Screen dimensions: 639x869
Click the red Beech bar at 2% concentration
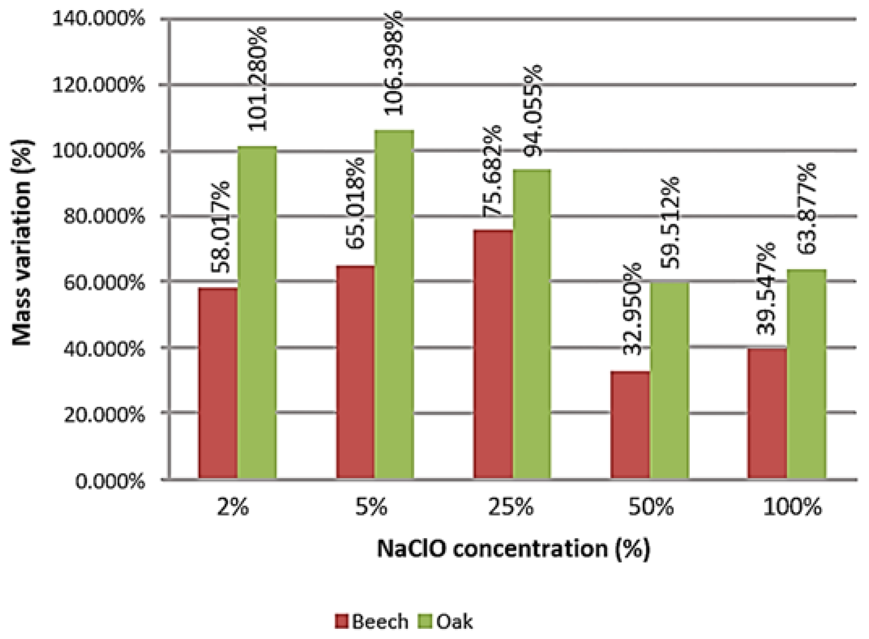(218, 383)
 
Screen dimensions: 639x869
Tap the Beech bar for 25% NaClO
(493, 355)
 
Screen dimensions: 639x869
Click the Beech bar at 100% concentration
(767, 413)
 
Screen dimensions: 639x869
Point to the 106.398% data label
(393, 63)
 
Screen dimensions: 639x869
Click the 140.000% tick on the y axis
(98, 19)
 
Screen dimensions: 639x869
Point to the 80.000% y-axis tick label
(104, 216)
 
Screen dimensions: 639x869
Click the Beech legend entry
(372, 622)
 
